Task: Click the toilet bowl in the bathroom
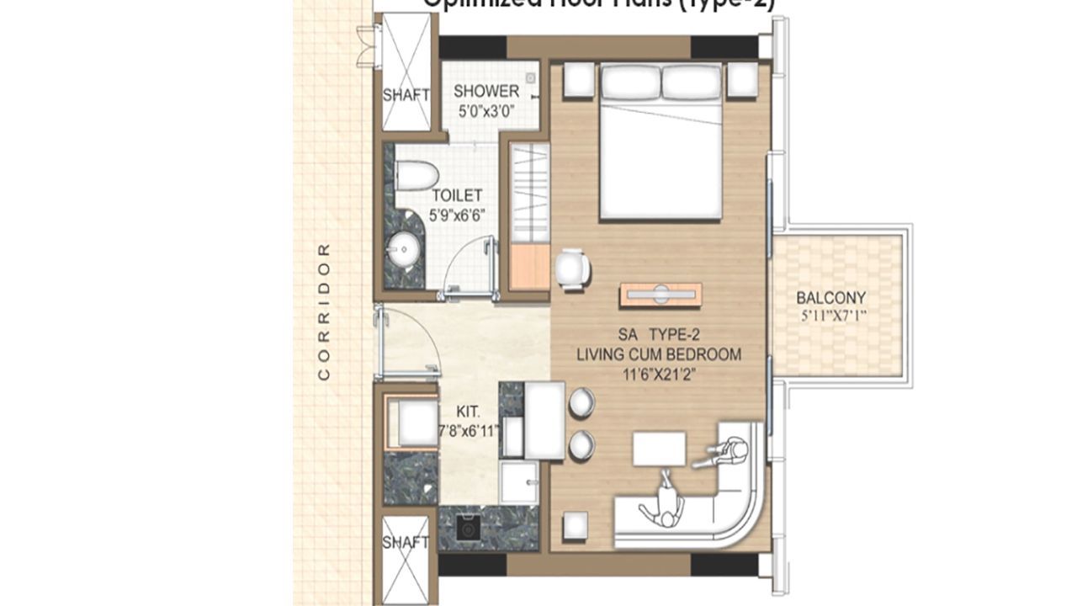(416, 176)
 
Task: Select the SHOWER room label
(486, 91)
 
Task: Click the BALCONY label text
(831, 298)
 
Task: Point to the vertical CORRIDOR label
(324, 311)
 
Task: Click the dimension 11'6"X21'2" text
(659, 374)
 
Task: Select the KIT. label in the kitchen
(468, 412)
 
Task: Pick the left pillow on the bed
(629, 82)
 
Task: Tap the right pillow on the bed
(691, 82)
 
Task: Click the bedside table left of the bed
(579, 80)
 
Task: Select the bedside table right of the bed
(742, 80)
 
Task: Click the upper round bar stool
(581, 402)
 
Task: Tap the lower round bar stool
(581, 444)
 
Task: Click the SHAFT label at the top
(406, 95)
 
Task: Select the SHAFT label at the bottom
(406, 543)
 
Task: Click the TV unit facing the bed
(661, 295)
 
